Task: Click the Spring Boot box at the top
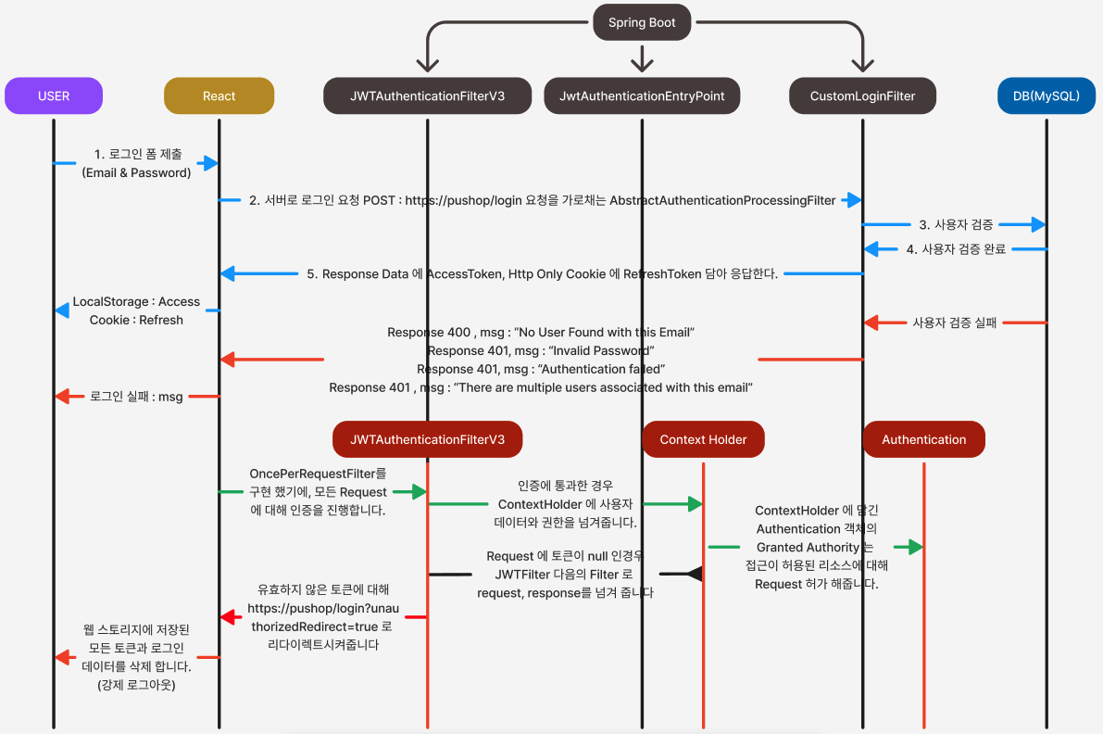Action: pyautogui.click(x=642, y=22)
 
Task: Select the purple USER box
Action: pyautogui.click(x=53, y=95)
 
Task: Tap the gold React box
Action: pyautogui.click(x=219, y=95)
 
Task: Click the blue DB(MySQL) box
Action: pyautogui.click(x=1047, y=95)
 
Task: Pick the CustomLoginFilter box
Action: pyautogui.click(x=862, y=95)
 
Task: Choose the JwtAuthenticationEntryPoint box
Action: pyautogui.click(x=642, y=95)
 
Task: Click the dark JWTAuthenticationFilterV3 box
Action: pyautogui.click(x=427, y=95)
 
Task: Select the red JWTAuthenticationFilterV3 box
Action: pyautogui.click(x=427, y=439)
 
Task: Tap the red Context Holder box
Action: pyautogui.click(x=703, y=439)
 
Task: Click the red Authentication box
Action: pyautogui.click(x=923, y=439)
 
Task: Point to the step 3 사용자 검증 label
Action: pyautogui.click(x=956, y=224)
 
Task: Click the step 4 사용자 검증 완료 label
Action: pyautogui.click(x=956, y=248)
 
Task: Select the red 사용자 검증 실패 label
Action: pyautogui.click(x=954, y=323)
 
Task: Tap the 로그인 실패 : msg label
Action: pyautogui.click(x=136, y=397)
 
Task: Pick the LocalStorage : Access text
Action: pyautogui.click(x=136, y=301)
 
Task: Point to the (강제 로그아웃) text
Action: pyautogui.click(x=136, y=685)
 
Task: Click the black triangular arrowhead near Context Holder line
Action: pyautogui.click(x=694, y=575)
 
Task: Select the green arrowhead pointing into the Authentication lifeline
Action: pyautogui.click(x=914, y=547)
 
